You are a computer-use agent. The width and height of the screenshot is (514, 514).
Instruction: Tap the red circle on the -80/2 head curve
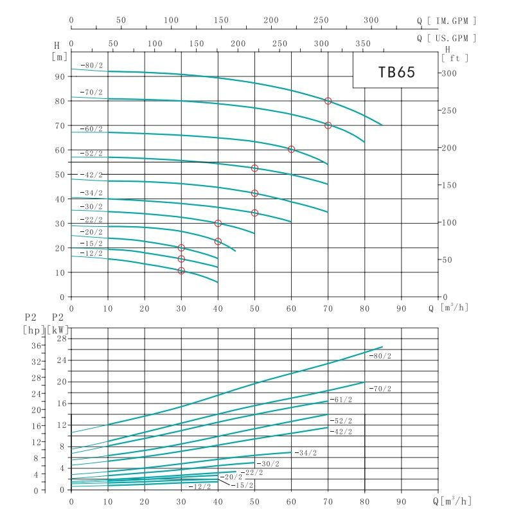(328, 101)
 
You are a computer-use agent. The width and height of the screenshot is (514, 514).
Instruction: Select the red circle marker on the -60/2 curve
(292, 149)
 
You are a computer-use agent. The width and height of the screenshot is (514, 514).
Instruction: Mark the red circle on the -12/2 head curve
(181, 270)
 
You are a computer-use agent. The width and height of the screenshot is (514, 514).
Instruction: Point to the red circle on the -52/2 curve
(254, 168)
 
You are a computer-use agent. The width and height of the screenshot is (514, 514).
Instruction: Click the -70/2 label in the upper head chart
(91, 93)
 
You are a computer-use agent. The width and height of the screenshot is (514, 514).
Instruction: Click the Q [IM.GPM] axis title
(447, 21)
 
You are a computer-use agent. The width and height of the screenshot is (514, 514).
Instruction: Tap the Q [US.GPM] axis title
(447, 38)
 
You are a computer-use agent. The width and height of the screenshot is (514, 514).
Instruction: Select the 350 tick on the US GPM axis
(363, 44)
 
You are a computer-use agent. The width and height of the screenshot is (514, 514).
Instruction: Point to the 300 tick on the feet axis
(448, 73)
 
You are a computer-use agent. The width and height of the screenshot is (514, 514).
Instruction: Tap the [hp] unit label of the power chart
(33, 330)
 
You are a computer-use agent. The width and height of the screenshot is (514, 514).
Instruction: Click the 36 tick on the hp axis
(37, 345)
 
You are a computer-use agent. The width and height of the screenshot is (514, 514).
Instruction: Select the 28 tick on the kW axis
(62, 338)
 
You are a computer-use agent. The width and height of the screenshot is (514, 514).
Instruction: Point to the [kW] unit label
(57, 330)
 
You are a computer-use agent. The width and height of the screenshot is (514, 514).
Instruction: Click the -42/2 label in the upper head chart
(91, 175)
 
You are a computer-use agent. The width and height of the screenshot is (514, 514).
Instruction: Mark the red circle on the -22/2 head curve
(218, 224)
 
